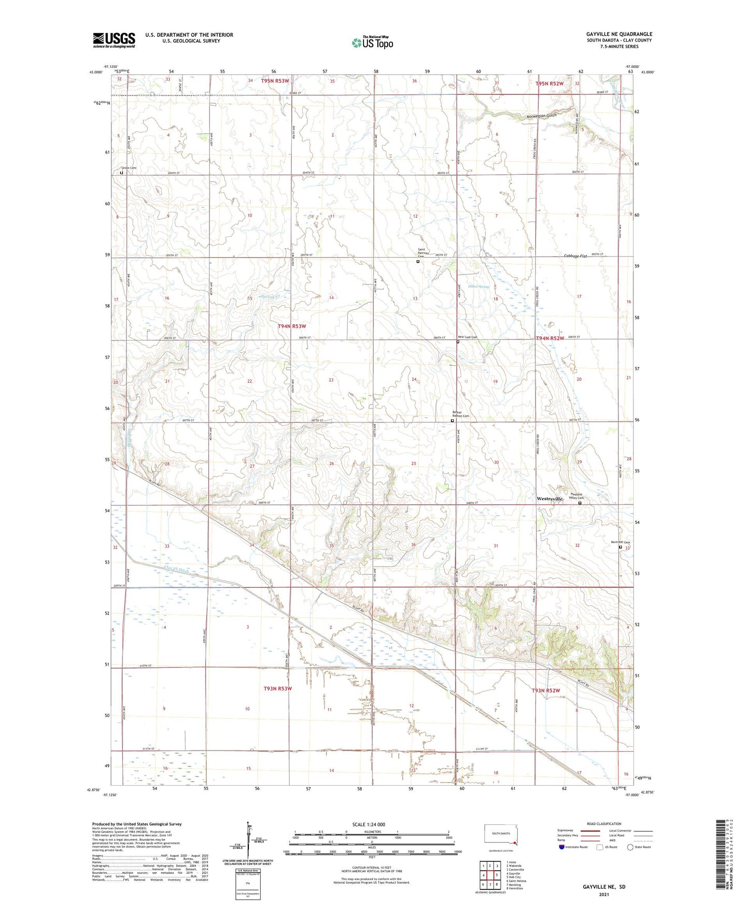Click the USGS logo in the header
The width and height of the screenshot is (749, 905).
coord(114,40)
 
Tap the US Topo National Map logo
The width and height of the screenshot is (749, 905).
coord(372,42)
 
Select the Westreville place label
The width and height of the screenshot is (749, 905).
coord(549,499)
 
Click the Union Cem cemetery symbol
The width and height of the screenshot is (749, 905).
coord(122,174)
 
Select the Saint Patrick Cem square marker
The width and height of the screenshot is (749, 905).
coord(418,262)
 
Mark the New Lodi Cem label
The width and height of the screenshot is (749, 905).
coord(468,337)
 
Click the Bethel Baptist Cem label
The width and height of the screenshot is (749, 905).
coord(460,414)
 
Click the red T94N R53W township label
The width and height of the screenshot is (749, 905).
coord(292,326)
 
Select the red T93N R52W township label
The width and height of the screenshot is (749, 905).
coord(546,690)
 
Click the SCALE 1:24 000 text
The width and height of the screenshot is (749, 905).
coord(369,824)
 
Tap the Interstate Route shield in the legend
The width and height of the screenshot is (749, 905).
coord(562,847)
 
